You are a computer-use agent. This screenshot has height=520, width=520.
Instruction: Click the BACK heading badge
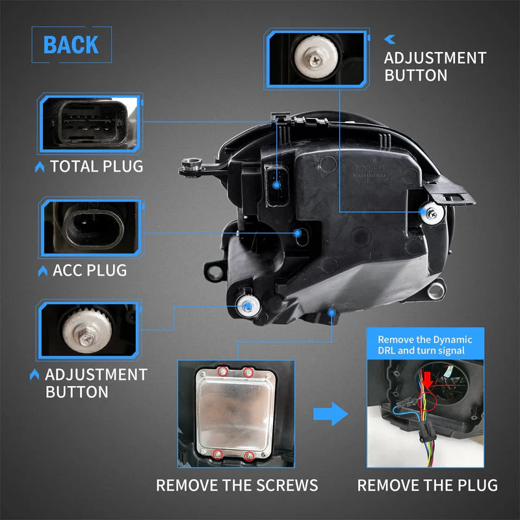coord(71,45)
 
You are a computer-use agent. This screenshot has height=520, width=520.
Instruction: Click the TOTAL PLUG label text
coord(96,166)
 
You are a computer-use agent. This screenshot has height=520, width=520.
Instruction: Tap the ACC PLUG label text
coord(90,269)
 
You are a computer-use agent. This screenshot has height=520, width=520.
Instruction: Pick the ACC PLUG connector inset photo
coord(90,227)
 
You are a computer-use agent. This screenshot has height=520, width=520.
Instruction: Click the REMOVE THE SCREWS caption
coord(237,485)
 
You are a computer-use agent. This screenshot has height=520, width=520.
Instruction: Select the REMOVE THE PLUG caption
coord(427,485)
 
